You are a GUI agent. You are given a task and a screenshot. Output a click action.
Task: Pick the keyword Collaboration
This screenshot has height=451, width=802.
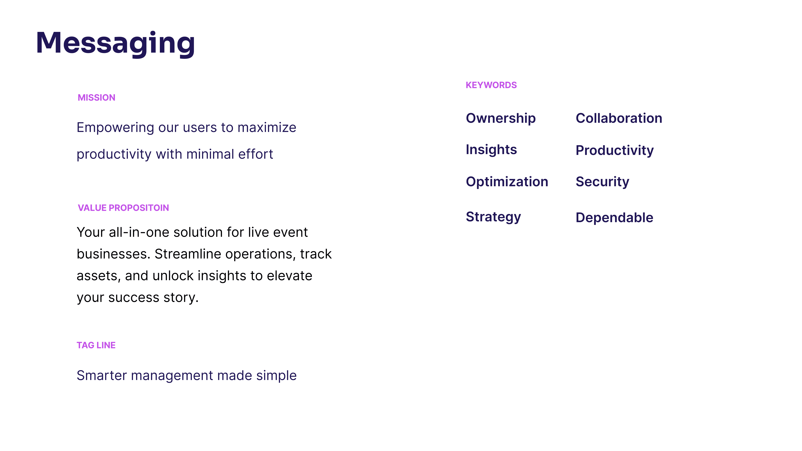tap(619, 118)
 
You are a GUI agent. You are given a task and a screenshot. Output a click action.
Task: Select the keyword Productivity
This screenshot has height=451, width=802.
tap(615, 151)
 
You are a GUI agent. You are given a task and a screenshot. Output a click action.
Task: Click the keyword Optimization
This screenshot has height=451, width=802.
tap(507, 182)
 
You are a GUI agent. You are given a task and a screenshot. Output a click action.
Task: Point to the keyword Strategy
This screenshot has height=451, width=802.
tap(493, 217)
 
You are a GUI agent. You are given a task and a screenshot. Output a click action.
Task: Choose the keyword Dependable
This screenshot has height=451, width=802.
tap(614, 218)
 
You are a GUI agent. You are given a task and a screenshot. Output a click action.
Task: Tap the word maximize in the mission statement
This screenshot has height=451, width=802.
tap(267, 128)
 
